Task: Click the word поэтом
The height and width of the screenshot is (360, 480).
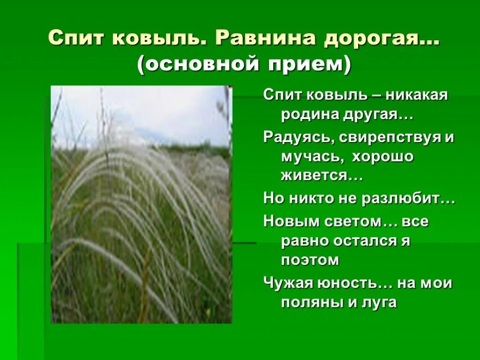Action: (x=310, y=260)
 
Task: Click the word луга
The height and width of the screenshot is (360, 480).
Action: (x=379, y=302)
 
